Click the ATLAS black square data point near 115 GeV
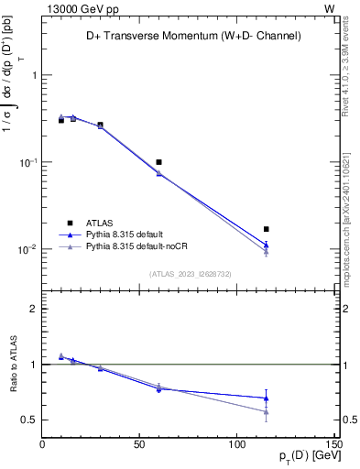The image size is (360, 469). click(x=266, y=229)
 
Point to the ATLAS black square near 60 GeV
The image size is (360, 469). click(x=158, y=162)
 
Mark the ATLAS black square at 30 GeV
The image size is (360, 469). click(x=100, y=125)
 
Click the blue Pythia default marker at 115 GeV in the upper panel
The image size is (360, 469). click(x=266, y=245)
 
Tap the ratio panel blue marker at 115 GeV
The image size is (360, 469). click(x=266, y=398)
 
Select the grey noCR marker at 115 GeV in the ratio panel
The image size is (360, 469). click(x=266, y=412)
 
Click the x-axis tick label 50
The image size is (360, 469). click(x=139, y=445)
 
